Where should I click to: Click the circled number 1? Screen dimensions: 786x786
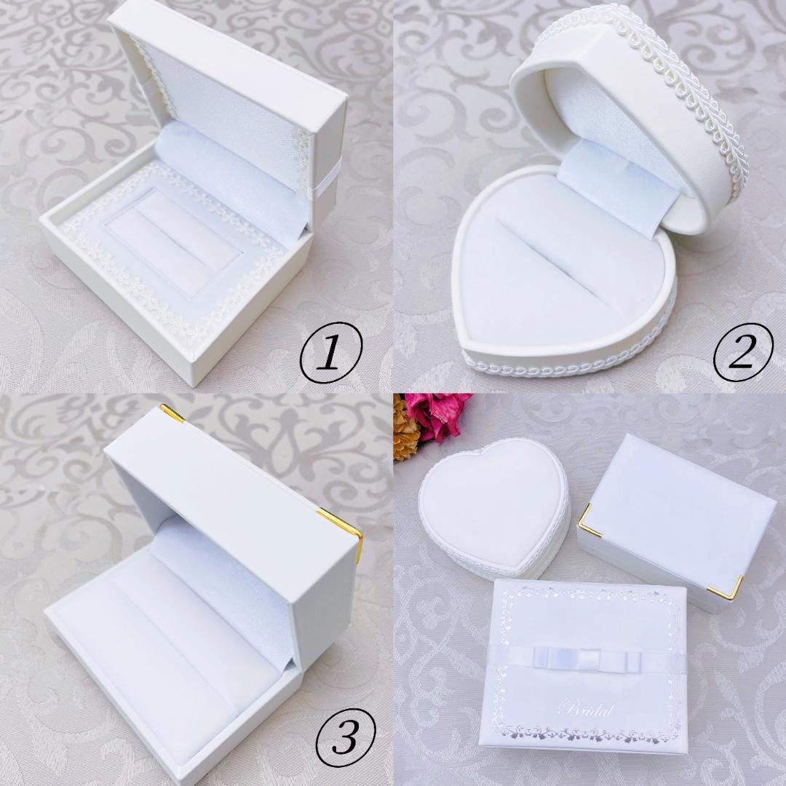(x=330, y=352)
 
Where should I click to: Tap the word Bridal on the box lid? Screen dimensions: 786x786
(x=585, y=709)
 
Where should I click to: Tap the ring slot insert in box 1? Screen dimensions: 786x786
(x=172, y=242)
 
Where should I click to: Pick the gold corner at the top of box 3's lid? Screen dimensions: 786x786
(x=172, y=413)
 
